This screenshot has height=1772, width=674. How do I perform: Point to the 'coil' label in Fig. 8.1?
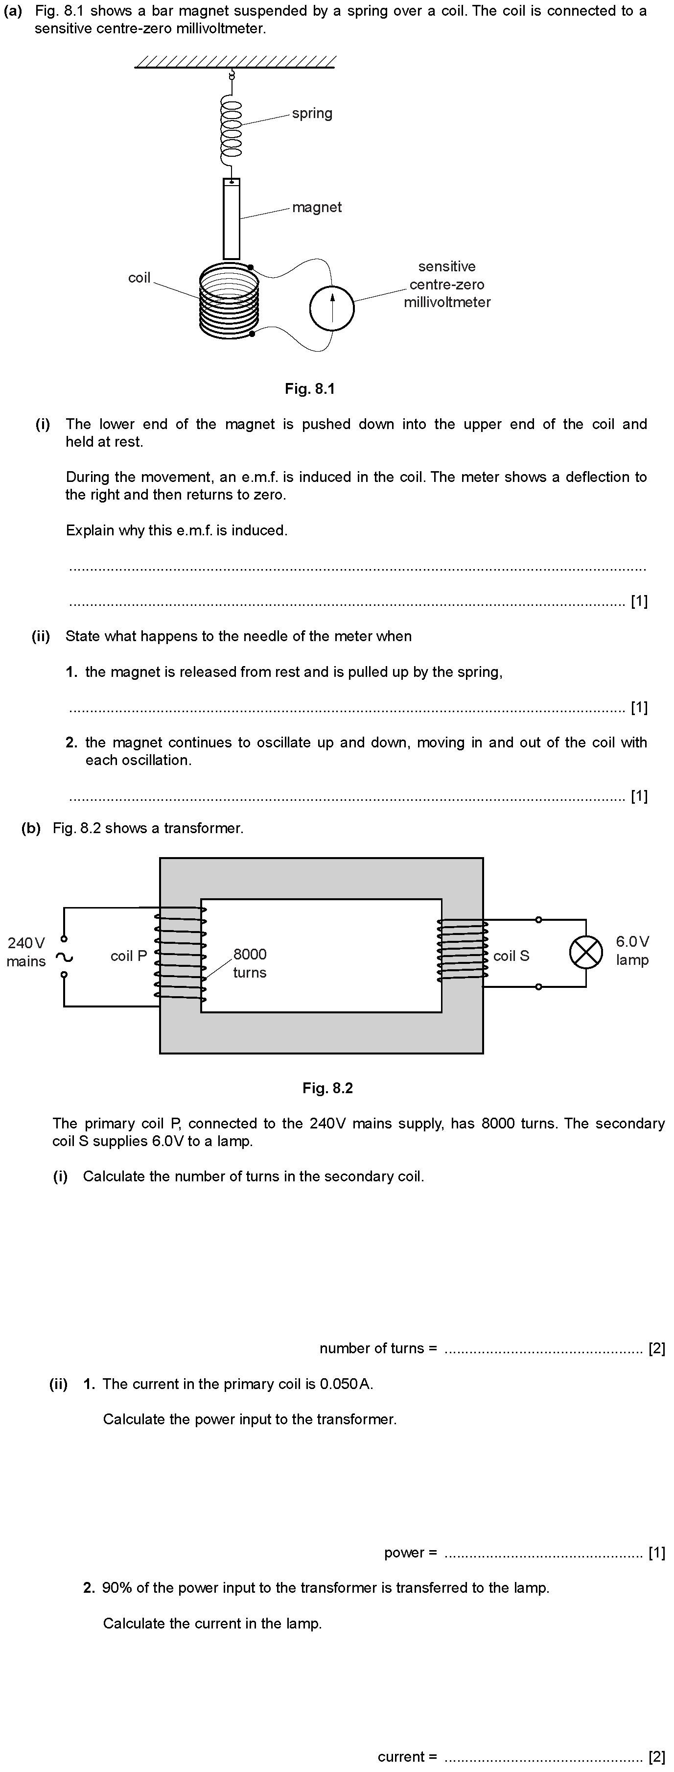click(x=139, y=278)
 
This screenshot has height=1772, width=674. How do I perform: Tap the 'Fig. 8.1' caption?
click(x=309, y=389)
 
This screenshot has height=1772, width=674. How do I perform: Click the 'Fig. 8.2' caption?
click(x=327, y=1088)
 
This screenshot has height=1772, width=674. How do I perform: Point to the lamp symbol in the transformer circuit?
click(x=585, y=953)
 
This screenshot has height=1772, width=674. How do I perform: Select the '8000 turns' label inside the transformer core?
click(x=250, y=963)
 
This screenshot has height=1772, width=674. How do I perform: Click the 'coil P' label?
click(x=129, y=956)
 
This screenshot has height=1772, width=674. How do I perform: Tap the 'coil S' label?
click(x=511, y=956)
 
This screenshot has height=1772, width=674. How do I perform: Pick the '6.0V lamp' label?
click(x=632, y=951)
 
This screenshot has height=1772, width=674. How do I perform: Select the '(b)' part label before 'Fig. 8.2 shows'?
click(x=31, y=828)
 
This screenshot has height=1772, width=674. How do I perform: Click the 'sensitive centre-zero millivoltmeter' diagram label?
click(x=447, y=284)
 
